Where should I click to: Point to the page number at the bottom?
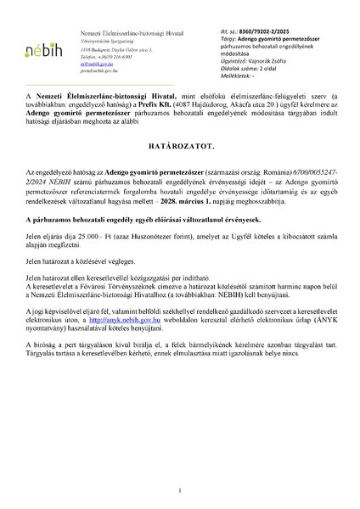pyautogui.click(x=180, y=492)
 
